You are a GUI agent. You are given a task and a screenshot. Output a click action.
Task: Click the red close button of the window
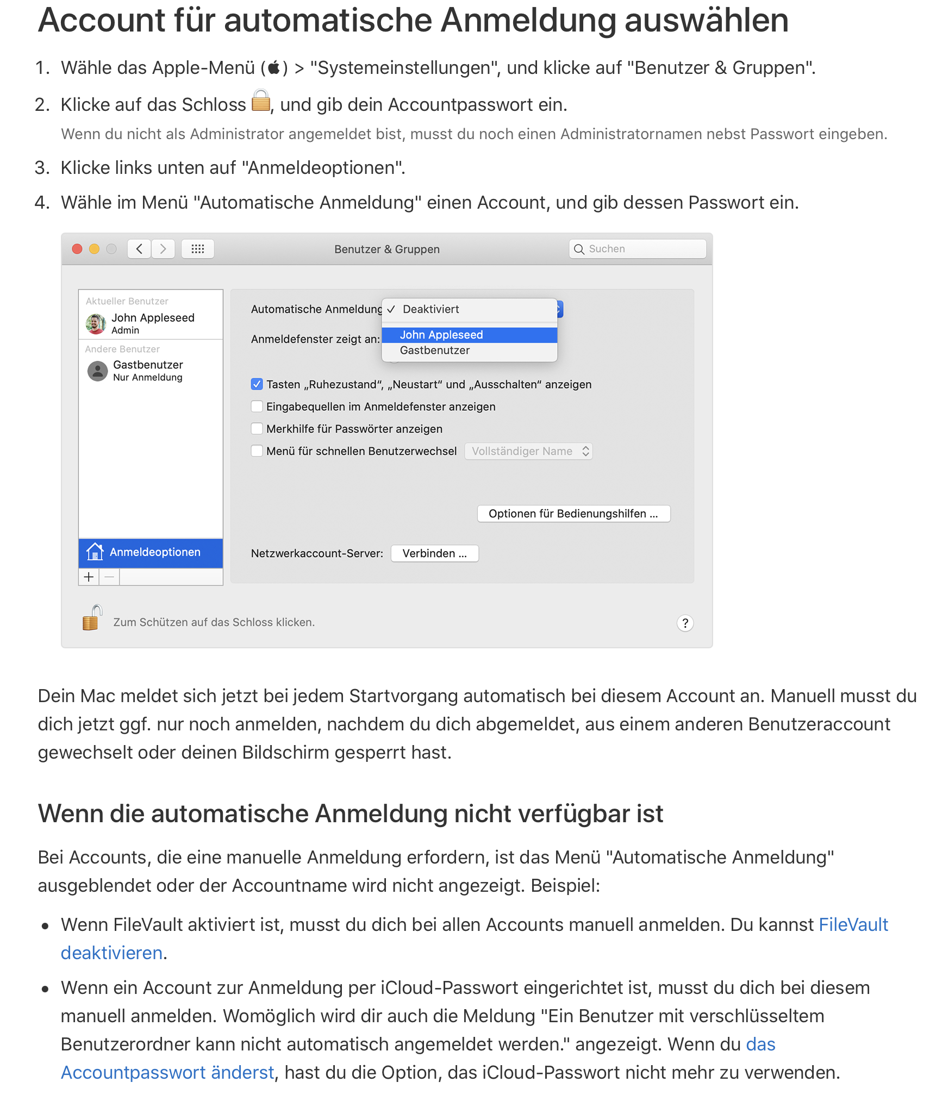coord(77,249)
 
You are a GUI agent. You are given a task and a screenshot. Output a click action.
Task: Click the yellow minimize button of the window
coord(94,249)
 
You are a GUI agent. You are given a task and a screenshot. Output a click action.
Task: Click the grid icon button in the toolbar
coord(198,249)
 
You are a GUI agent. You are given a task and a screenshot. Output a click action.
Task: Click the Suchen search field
coord(641,249)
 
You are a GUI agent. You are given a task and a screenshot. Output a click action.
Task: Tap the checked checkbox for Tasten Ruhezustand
coord(257,384)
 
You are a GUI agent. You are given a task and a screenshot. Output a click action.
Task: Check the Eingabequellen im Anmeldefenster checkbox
coord(257,406)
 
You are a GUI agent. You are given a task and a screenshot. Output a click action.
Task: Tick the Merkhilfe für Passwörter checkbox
coord(257,429)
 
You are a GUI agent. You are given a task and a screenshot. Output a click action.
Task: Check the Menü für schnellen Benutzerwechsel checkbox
coord(257,451)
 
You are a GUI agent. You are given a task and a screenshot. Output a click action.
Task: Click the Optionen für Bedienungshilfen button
coord(573,514)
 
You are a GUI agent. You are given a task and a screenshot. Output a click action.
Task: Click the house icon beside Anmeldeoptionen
coord(95,552)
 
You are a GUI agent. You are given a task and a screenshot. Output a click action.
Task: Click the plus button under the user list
coord(89,577)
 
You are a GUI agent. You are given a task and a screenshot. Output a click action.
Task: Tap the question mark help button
coord(685,623)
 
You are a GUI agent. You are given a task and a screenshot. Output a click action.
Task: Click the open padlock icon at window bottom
coord(92,618)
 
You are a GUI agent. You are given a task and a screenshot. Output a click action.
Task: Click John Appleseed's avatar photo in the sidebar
coord(96,323)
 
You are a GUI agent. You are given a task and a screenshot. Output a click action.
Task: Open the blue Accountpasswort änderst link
coord(167,1072)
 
